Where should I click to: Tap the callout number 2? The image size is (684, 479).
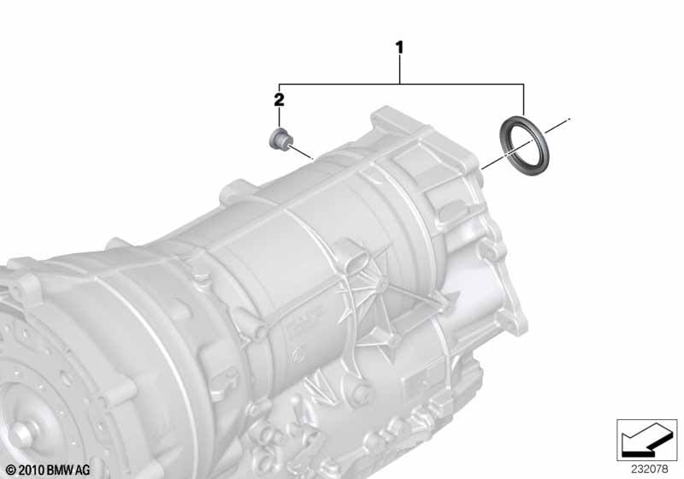pyautogui.click(x=279, y=100)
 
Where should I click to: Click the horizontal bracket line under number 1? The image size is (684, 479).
pyautogui.click(x=402, y=84)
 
